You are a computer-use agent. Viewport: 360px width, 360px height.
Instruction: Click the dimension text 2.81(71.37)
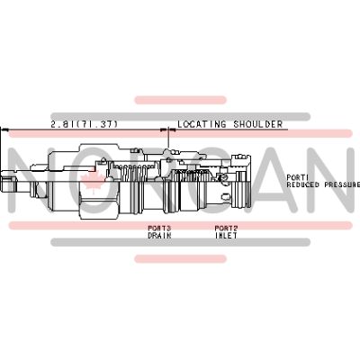coord(85,124)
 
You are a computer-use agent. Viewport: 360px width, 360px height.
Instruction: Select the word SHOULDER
coord(258,124)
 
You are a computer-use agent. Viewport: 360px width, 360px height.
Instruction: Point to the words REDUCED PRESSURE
coord(323,184)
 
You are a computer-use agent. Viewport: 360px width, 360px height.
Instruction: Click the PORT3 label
coord(159,229)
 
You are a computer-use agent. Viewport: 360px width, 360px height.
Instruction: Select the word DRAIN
coord(159,236)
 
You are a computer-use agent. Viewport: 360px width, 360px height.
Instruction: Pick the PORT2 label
coord(226,229)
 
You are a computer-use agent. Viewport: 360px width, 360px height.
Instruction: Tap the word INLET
coord(226,236)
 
